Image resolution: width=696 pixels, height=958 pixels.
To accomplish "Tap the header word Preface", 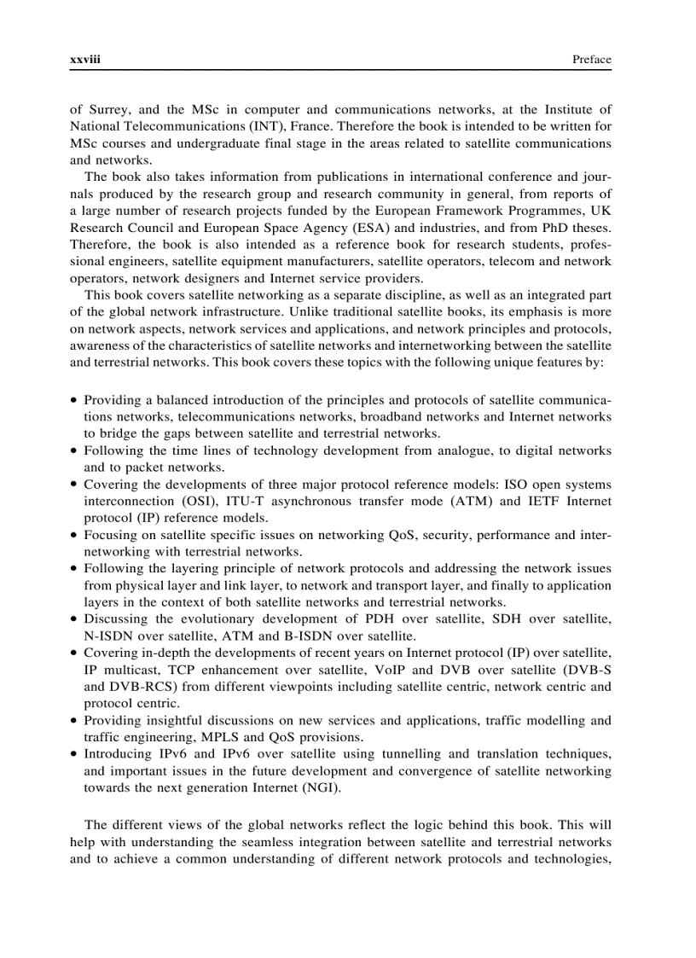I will pyautogui.click(x=592, y=60).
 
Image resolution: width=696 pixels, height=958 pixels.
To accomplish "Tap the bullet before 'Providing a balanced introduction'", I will pyautogui.click(x=75, y=400).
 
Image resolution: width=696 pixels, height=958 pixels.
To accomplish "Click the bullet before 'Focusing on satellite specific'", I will pyautogui.click(x=75, y=535).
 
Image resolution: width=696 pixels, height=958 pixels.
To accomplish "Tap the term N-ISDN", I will pyautogui.click(x=106, y=636).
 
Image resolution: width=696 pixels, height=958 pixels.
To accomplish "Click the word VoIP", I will pyautogui.click(x=398, y=670).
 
